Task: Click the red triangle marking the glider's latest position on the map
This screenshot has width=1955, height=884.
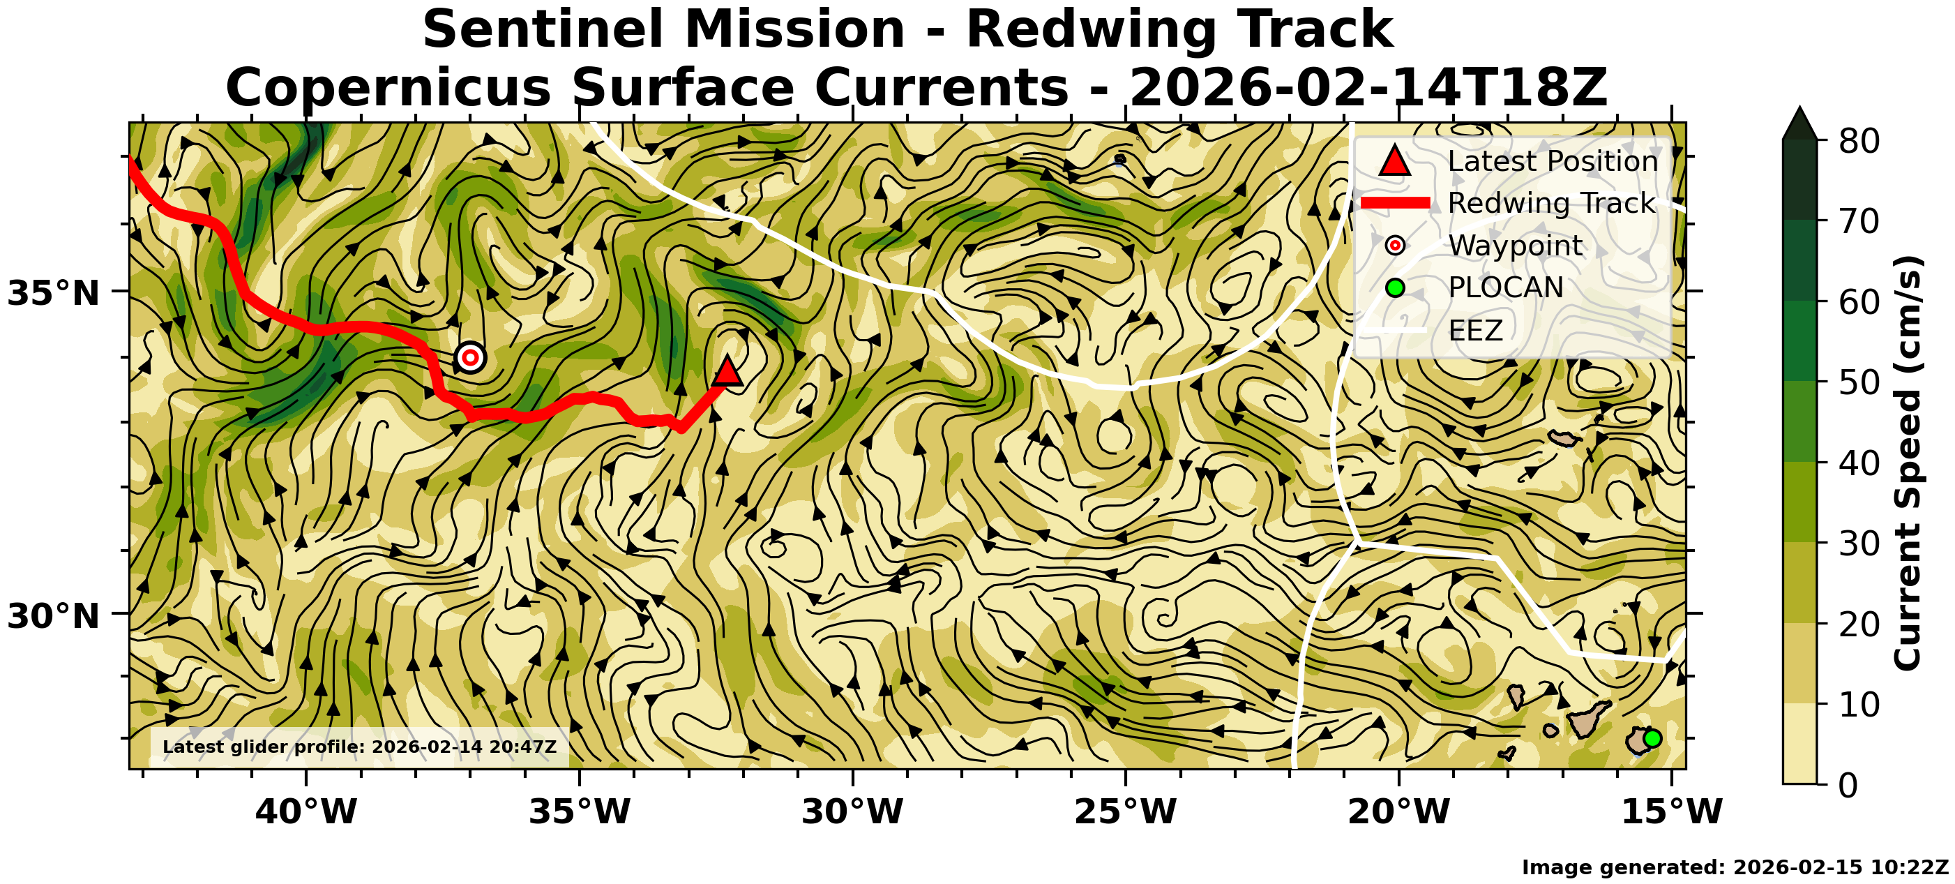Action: pos(727,371)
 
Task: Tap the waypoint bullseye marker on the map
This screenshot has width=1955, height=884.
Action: pos(471,357)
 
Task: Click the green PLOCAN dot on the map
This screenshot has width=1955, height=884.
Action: pos(1652,738)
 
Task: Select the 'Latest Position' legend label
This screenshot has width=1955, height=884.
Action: pos(1553,161)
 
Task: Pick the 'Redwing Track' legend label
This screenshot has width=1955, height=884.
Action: pos(1551,203)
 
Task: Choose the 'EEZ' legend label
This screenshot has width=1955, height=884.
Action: pos(1475,330)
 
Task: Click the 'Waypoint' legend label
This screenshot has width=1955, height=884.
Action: pos(1515,246)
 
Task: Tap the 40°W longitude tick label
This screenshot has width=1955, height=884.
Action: pos(306,812)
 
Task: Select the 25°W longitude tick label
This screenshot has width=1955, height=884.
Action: pos(1126,812)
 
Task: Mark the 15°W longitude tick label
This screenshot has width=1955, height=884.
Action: pos(1672,812)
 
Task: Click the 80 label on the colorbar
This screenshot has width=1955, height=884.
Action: pos(1859,140)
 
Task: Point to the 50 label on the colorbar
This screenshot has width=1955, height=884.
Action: pos(1859,382)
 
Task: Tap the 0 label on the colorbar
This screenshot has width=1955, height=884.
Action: pos(1849,784)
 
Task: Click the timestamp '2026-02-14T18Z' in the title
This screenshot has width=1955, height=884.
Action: pos(1368,87)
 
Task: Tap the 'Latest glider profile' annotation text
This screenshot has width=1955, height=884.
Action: pos(360,747)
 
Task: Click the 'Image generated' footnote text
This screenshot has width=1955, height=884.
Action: pos(1735,867)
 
